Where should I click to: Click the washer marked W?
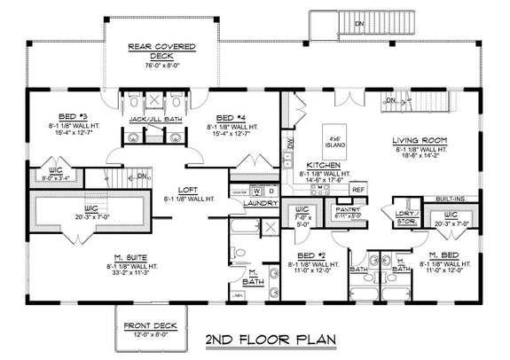(257, 191)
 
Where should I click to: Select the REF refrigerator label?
(357, 190)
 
